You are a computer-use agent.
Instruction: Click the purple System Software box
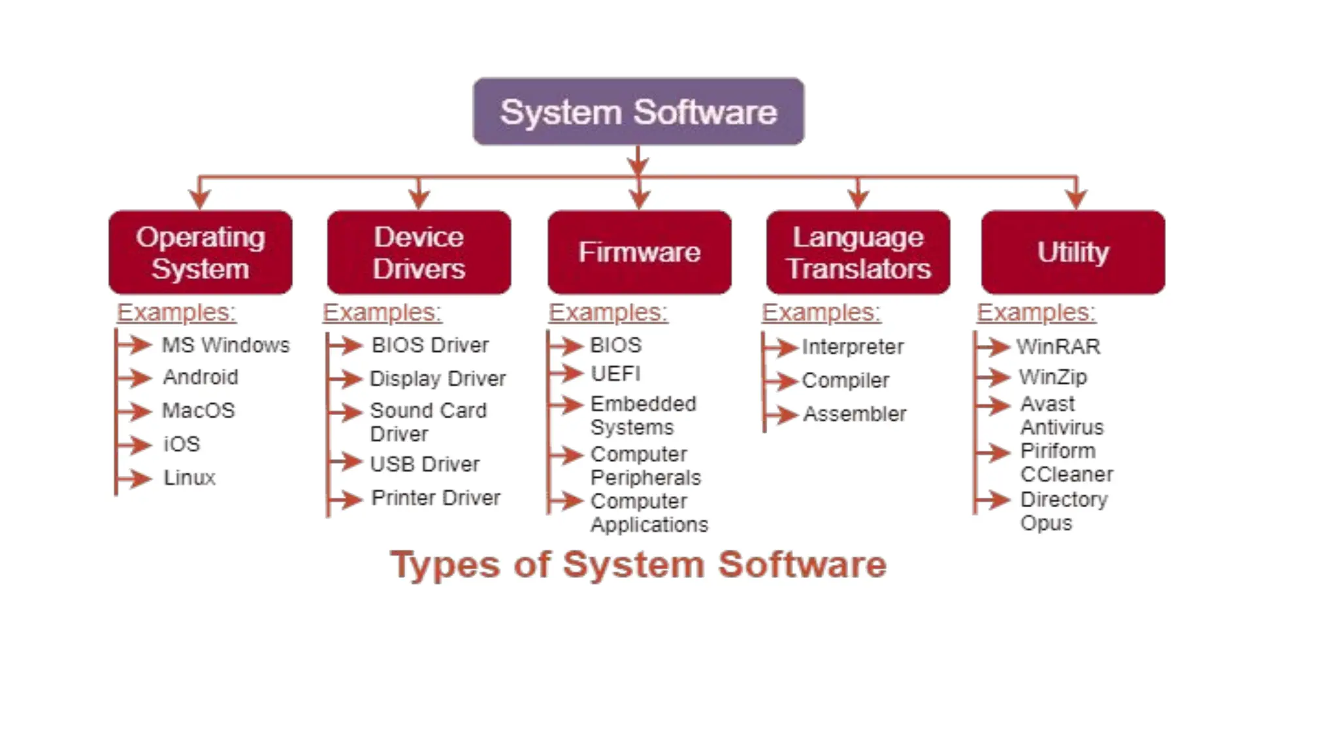(638, 112)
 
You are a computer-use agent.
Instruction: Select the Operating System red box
(201, 252)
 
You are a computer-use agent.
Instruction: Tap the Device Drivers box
(419, 252)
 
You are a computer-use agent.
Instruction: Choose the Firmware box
(639, 252)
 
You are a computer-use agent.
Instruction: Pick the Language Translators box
(858, 252)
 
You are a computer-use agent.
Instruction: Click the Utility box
(1073, 252)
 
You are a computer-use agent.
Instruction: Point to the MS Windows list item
(225, 344)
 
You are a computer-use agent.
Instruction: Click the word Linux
(189, 478)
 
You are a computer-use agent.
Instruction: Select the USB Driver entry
(425, 464)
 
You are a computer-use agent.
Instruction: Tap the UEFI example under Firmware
(615, 374)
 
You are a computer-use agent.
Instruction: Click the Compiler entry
(845, 380)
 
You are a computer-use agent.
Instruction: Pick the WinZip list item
(1052, 377)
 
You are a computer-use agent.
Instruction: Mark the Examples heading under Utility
(1036, 312)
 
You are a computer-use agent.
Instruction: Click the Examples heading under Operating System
(176, 312)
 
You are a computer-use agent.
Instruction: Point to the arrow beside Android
(136, 377)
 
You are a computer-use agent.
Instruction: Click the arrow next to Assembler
(782, 414)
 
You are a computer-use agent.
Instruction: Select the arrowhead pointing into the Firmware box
(639, 199)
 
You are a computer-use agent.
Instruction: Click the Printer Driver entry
(436, 498)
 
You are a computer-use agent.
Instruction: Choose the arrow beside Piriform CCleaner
(994, 452)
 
